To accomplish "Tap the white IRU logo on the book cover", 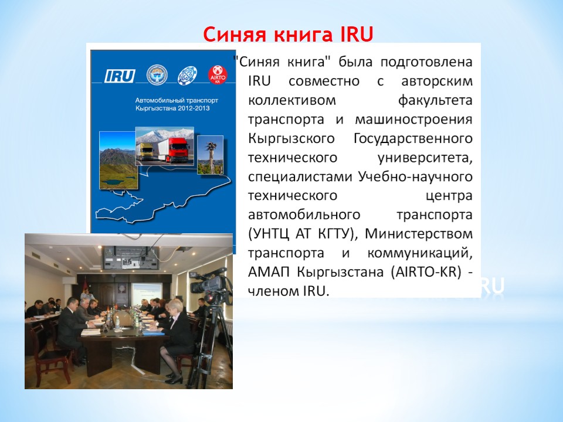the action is [x=120, y=76].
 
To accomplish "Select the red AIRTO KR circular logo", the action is [x=218, y=75].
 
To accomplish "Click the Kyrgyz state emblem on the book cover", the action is [x=157, y=74].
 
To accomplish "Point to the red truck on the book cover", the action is [x=174, y=151].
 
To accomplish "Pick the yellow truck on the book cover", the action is [x=146, y=151].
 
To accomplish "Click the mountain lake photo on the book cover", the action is [x=118, y=160].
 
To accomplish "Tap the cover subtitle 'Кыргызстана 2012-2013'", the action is [x=172, y=108].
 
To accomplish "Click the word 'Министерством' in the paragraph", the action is [x=419, y=234].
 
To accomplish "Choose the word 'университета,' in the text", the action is [x=425, y=158].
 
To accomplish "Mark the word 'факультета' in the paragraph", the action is [x=435, y=100].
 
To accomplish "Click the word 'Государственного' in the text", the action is [x=413, y=138].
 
